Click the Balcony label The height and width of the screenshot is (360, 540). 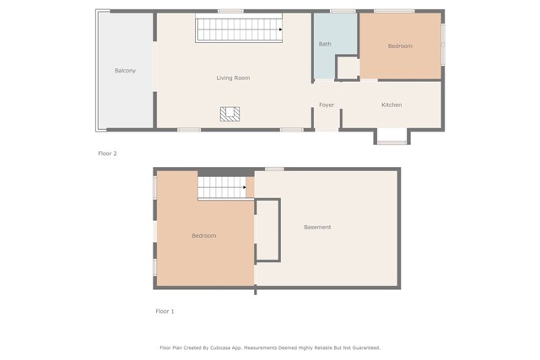[x=125, y=71]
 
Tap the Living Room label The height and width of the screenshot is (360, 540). [x=233, y=78]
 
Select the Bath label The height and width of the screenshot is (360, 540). [x=325, y=44]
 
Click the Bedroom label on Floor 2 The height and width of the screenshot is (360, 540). [x=400, y=46]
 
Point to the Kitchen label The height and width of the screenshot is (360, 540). [x=391, y=105]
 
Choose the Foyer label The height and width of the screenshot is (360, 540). [x=327, y=105]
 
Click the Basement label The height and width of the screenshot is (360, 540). [x=317, y=228]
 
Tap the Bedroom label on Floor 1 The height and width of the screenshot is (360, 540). [x=203, y=236]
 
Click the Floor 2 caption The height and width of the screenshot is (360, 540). [x=107, y=153]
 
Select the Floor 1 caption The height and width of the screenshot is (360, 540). [x=165, y=312]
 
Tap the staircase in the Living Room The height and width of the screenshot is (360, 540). [x=239, y=30]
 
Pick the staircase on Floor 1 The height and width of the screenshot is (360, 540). [x=221, y=188]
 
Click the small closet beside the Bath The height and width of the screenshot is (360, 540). [x=347, y=67]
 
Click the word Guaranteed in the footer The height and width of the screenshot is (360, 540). [x=364, y=347]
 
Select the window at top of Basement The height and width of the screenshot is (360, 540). [x=274, y=169]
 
